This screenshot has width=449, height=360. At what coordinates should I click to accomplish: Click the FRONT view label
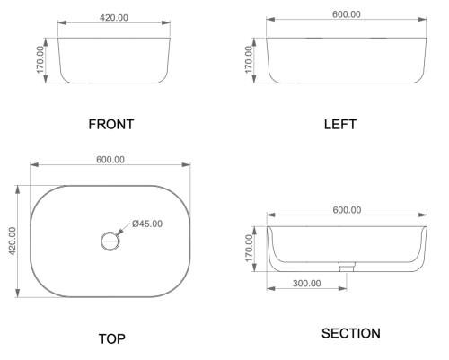click(x=111, y=124)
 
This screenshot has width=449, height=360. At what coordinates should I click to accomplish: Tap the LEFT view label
click(x=340, y=124)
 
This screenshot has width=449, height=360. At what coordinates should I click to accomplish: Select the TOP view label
click(x=112, y=338)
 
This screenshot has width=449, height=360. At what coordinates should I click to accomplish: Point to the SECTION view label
click(x=351, y=333)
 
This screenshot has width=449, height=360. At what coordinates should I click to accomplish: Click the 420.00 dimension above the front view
click(x=114, y=18)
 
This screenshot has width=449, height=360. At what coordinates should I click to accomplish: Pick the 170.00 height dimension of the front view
click(x=40, y=59)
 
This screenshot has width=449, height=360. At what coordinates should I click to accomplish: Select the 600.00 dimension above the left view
click(x=347, y=14)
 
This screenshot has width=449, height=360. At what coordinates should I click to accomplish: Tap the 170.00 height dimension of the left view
click(x=249, y=59)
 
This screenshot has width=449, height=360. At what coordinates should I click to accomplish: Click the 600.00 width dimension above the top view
click(x=110, y=160)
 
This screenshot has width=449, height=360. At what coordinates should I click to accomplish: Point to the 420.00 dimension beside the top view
click(x=12, y=241)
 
